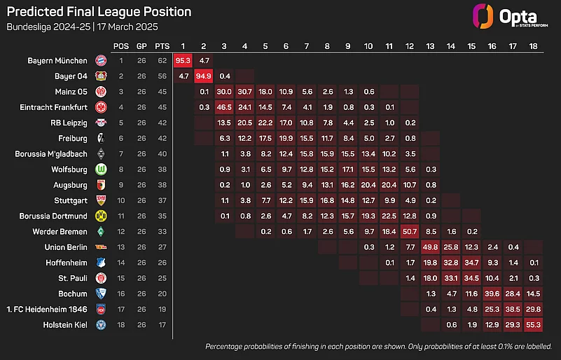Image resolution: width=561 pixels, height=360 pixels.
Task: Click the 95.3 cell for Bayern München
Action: click(x=183, y=60)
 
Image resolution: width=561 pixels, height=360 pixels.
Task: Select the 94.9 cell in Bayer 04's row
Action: click(x=204, y=76)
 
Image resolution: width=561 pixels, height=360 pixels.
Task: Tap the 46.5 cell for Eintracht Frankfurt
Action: click(x=225, y=107)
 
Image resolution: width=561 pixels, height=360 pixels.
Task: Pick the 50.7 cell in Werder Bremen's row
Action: click(x=410, y=231)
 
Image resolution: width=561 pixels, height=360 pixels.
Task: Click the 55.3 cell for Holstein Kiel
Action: click(x=534, y=324)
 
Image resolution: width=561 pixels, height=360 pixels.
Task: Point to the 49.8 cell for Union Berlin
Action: click(x=431, y=247)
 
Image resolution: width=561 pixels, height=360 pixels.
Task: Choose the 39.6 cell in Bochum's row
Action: click(x=492, y=293)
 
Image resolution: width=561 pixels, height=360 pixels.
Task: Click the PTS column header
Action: click(x=162, y=46)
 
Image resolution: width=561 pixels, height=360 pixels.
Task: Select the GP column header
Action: click(x=142, y=46)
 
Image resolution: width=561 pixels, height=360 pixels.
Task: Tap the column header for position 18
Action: click(x=534, y=46)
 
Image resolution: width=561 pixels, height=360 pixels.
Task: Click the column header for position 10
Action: click(x=368, y=46)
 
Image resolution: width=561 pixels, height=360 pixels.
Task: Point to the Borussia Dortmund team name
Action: click(x=50, y=216)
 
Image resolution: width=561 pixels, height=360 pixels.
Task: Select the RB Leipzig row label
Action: click(x=68, y=123)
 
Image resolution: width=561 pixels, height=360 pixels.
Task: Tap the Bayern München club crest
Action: click(x=100, y=60)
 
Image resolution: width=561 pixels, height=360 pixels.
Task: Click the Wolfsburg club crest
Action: click(x=100, y=169)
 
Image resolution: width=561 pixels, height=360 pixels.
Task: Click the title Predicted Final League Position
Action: click(x=99, y=12)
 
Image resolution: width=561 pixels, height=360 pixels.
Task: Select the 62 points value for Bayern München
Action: click(x=162, y=60)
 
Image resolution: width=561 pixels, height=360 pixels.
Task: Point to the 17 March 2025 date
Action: click(x=127, y=27)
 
